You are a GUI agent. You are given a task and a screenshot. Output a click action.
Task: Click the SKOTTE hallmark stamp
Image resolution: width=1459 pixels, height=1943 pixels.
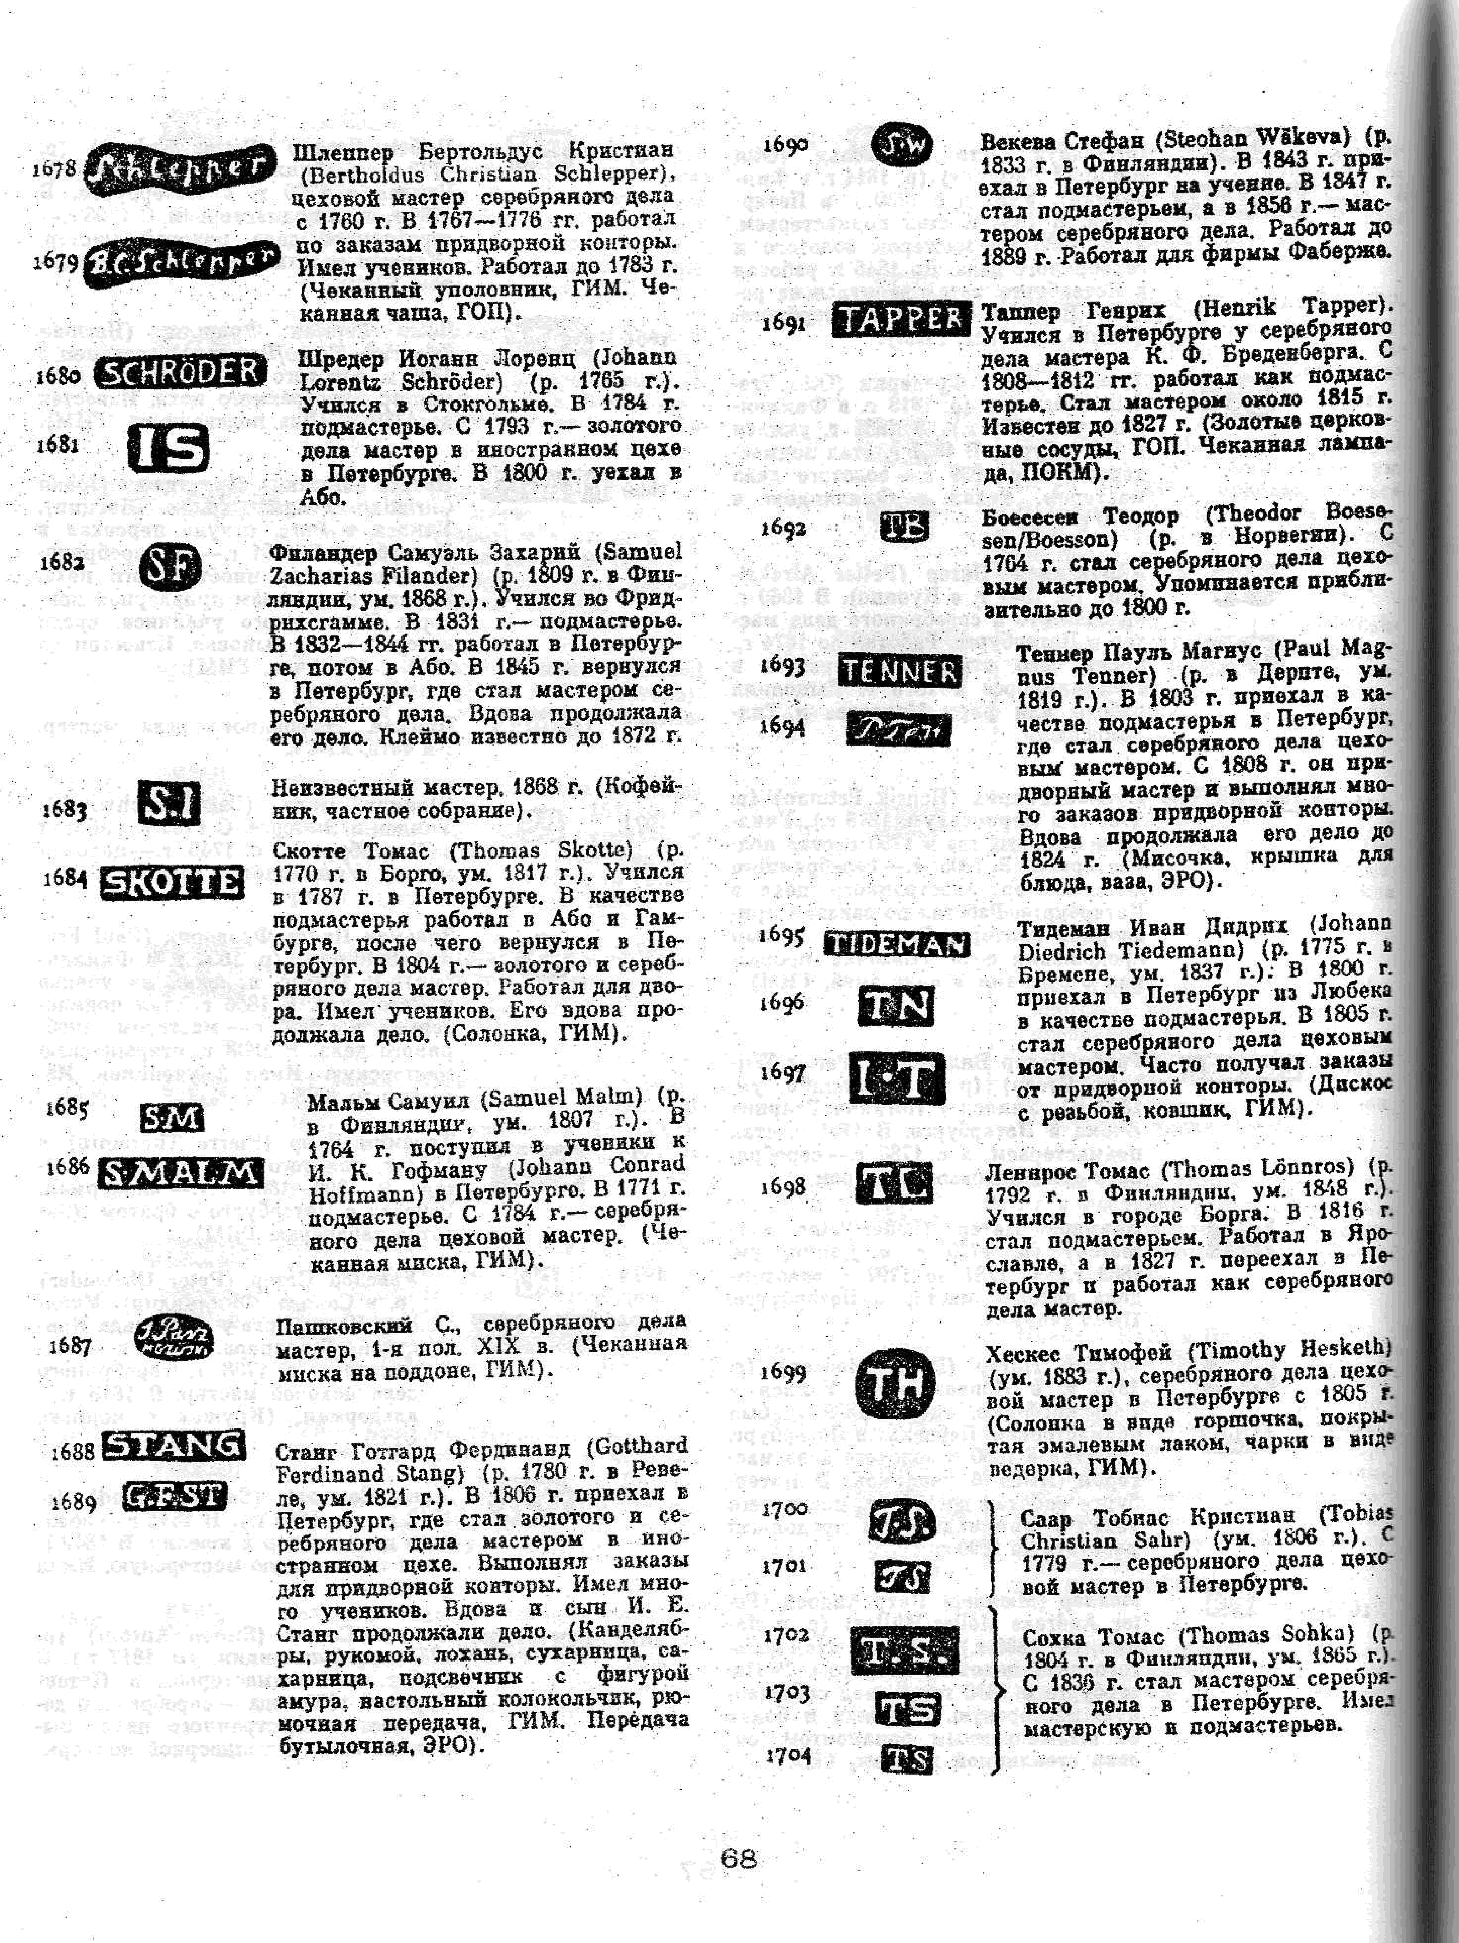tap(171, 883)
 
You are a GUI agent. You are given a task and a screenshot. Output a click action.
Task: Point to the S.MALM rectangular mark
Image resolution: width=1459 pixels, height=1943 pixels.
tap(180, 1173)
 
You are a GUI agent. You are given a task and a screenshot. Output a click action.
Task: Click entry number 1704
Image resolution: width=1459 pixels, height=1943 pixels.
tap(787, 1754)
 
